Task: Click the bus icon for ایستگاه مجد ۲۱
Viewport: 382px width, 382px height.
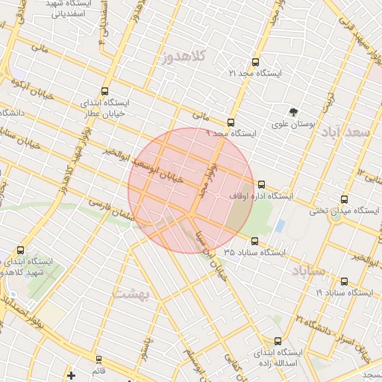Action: click(255, 63)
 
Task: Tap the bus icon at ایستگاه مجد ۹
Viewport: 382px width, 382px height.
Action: click(231, 122)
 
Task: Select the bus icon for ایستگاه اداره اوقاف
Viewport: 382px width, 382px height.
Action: click(260, 184)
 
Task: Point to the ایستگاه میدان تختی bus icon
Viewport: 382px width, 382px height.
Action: click(344, 199)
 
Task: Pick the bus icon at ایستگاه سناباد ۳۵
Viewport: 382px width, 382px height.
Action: click(255, 241)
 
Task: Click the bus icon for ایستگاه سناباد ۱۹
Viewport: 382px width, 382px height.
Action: click(344, 282)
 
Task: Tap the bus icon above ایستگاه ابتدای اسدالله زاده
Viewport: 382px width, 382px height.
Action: click(278, 340)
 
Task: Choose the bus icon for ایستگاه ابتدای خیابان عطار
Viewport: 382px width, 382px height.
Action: click(104, 91)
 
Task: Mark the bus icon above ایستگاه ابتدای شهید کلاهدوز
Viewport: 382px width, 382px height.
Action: click(20, 251)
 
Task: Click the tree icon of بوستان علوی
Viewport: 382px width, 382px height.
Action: click(293, 112)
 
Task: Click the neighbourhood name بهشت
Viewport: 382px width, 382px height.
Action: click(132, 294)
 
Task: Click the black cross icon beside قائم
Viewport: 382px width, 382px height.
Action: click(71, 375)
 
